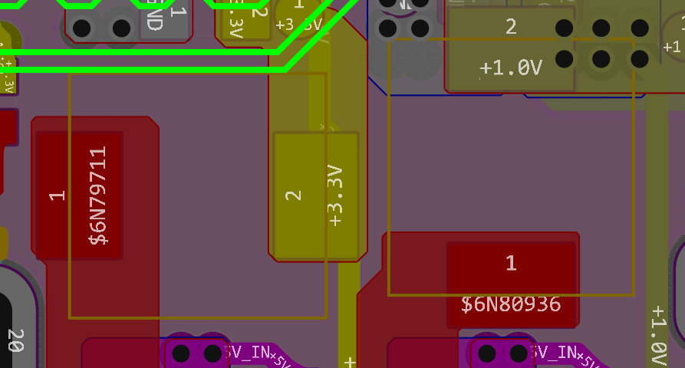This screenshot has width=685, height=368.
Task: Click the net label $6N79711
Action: (x=98, y=196)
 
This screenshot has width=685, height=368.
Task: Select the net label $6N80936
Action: (x=511, y=305)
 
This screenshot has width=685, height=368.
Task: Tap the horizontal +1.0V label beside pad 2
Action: (x=511, y=68)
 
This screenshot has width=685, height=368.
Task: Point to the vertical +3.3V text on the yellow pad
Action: (x=335, y=195)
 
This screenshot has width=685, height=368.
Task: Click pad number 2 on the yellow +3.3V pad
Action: (x=293, y=195)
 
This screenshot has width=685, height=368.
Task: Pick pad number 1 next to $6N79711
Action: (x=57, y=196)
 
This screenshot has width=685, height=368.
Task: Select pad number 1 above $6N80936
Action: (x=511, y=264)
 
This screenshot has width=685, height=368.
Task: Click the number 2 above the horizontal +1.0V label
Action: (x=511, y=28)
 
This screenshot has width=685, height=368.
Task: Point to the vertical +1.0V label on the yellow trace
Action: (x=658, y=337)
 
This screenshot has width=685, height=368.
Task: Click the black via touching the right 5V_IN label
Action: (x=519, y=353)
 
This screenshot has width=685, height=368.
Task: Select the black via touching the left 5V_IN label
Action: (x=212, y=353)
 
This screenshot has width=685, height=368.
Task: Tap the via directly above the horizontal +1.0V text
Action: (x=564, y=58)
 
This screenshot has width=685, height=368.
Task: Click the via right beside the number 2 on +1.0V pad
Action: (x=564, y=28)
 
